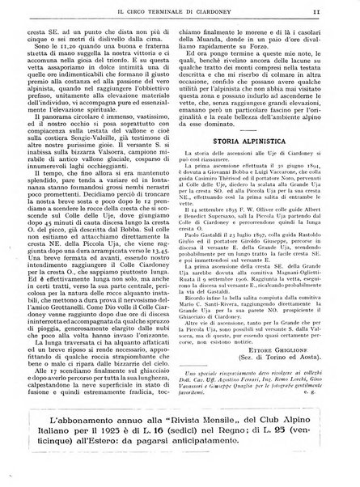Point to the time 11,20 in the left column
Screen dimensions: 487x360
coord(73,49)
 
